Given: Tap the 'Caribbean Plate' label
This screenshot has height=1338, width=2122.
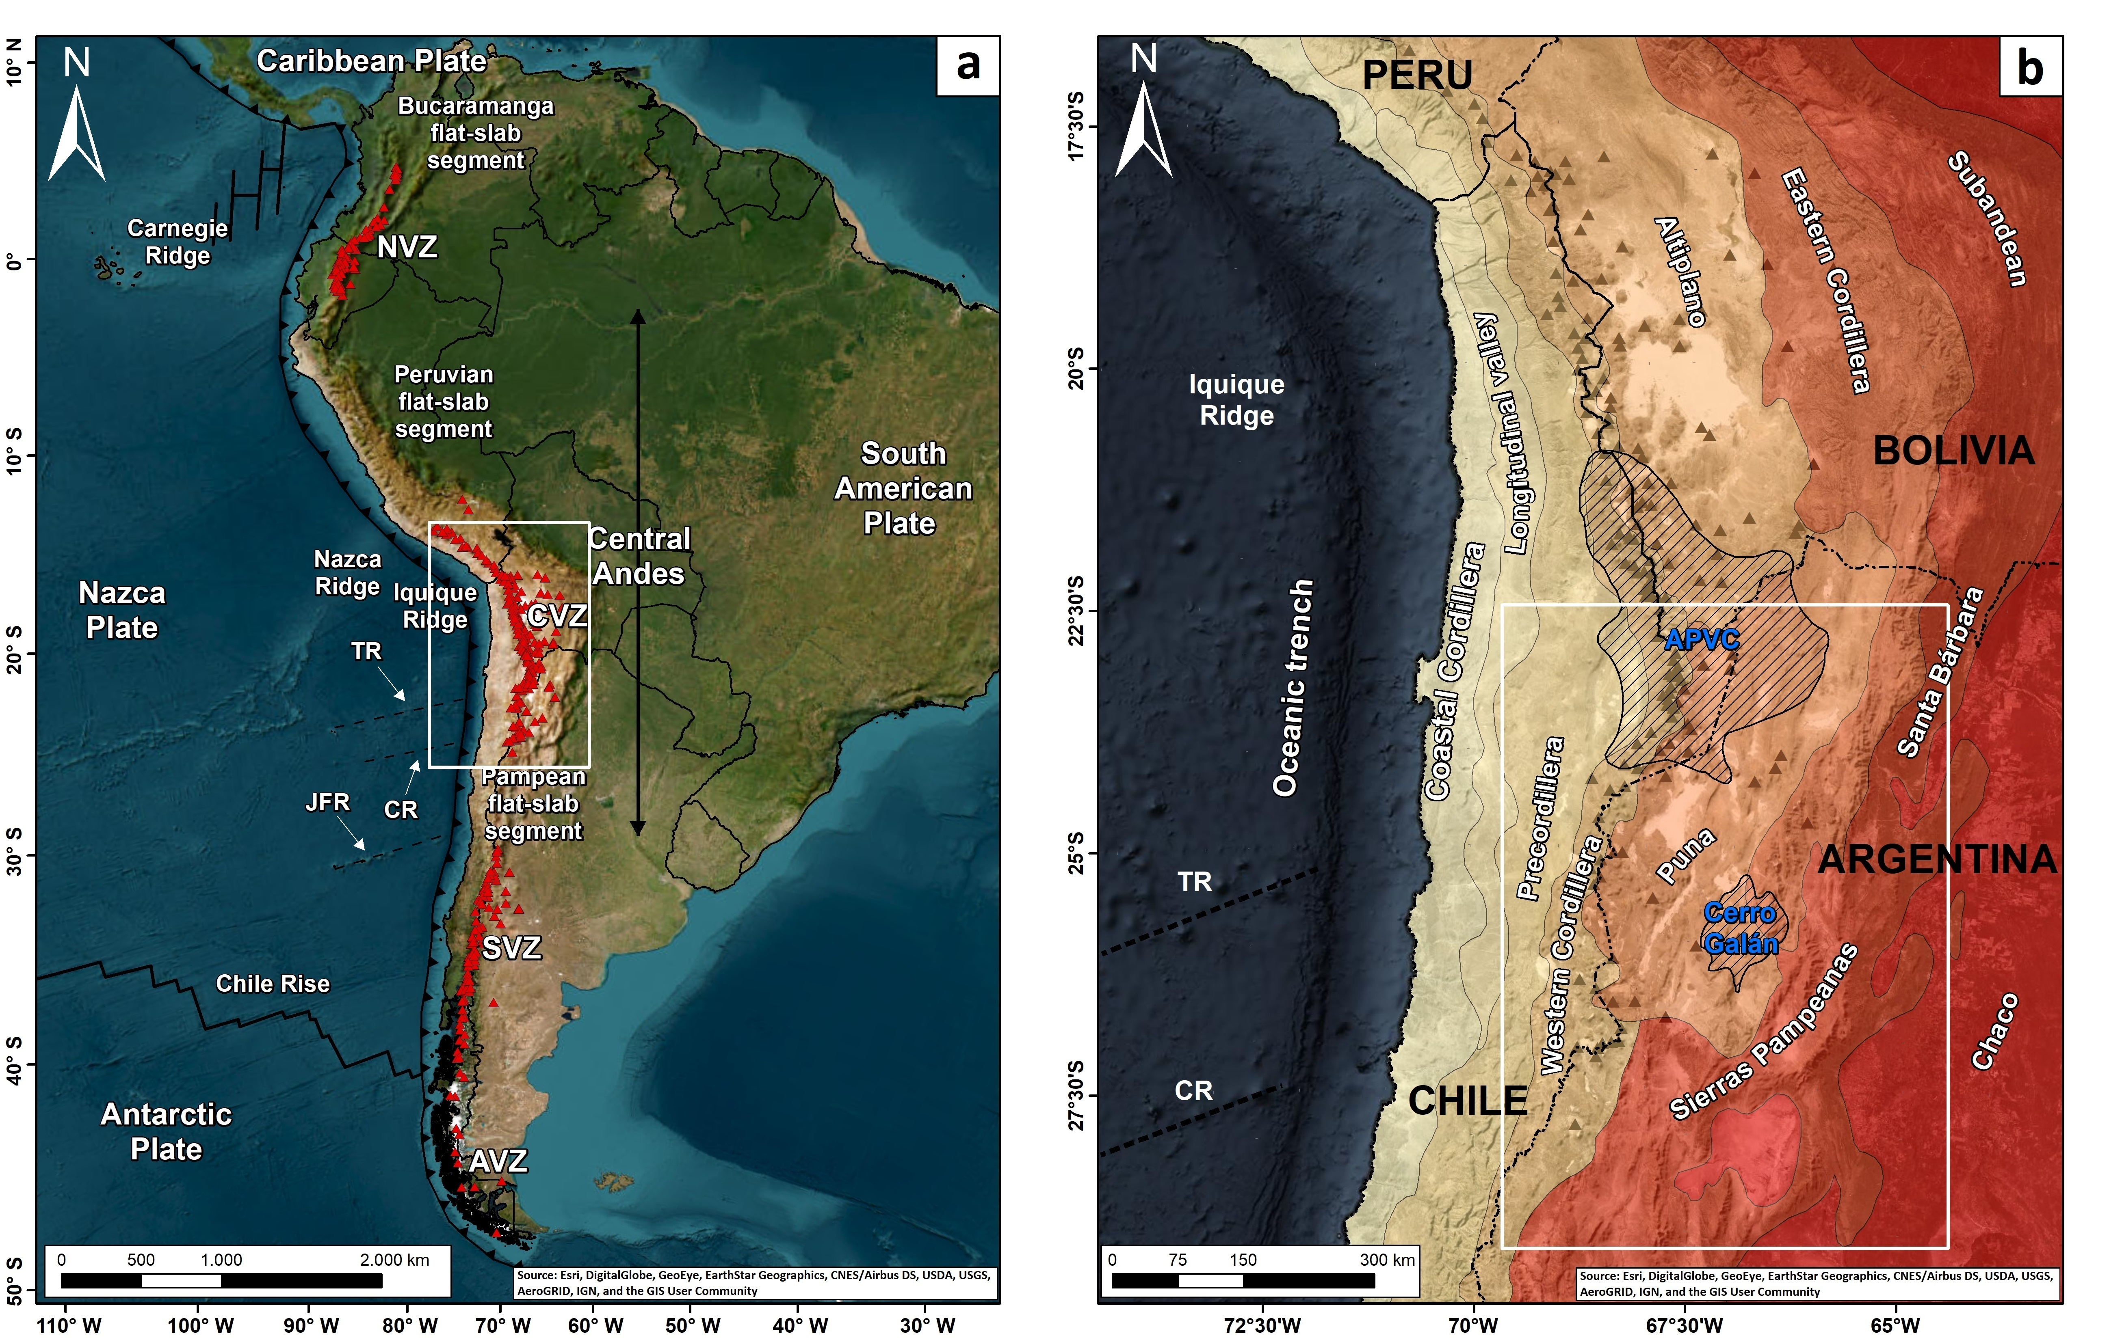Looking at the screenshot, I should [371, 61].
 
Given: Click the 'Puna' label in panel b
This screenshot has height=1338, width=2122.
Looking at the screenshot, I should [1685, 855].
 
